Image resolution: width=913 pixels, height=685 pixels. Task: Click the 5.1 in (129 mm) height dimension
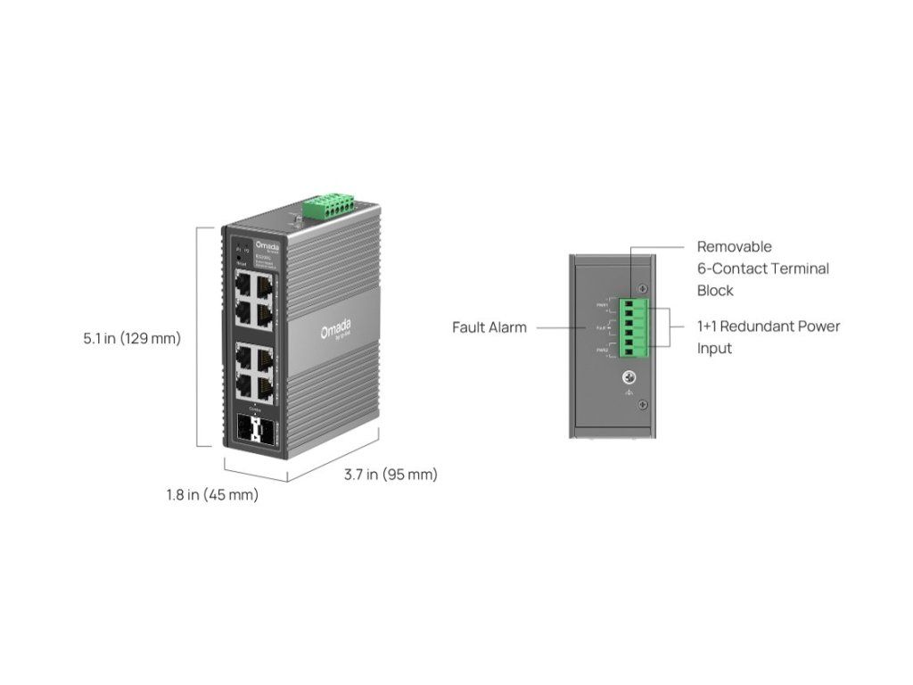point(132,339)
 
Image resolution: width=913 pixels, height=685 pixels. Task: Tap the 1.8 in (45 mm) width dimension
point(212,495)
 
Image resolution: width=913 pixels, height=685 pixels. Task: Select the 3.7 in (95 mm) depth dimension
point(391,475)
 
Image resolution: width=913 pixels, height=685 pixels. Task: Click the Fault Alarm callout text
point(489,327)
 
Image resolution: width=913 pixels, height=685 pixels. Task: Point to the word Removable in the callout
point(734,246)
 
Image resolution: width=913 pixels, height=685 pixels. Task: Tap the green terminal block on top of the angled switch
point(328,206)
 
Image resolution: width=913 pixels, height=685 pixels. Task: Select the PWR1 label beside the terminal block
point(603,304)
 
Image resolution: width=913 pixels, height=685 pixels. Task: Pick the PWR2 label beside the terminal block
point(603,351)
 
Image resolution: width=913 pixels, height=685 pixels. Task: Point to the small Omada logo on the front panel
point(267,243)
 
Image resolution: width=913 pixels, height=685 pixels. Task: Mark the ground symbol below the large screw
point(629,392)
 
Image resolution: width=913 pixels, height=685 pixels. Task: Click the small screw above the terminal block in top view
point(642,288)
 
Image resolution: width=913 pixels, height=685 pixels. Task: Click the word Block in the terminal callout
point(715,290)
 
